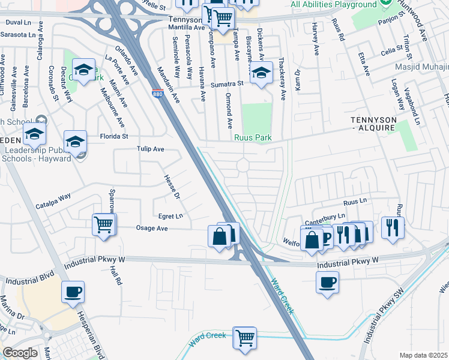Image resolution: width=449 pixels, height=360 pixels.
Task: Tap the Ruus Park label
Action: (x=253, y=138)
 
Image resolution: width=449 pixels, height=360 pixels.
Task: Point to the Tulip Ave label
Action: (x=150, y=149)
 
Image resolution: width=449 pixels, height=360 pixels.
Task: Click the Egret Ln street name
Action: (x=171, y=215)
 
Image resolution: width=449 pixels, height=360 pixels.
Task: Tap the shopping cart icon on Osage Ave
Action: (x=104, y=225)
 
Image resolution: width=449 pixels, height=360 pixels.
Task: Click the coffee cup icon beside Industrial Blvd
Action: (x=73, y=292)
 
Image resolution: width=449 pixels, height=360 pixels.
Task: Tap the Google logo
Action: (x=20, y=353)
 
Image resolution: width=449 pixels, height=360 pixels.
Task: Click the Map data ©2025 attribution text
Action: (x=424, y=355)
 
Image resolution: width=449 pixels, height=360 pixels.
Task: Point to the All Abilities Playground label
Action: (x=333, y=5)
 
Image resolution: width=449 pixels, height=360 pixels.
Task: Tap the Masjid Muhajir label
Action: (x=420, y=67)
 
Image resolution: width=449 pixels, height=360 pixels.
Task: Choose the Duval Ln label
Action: (x=18, y=22)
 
